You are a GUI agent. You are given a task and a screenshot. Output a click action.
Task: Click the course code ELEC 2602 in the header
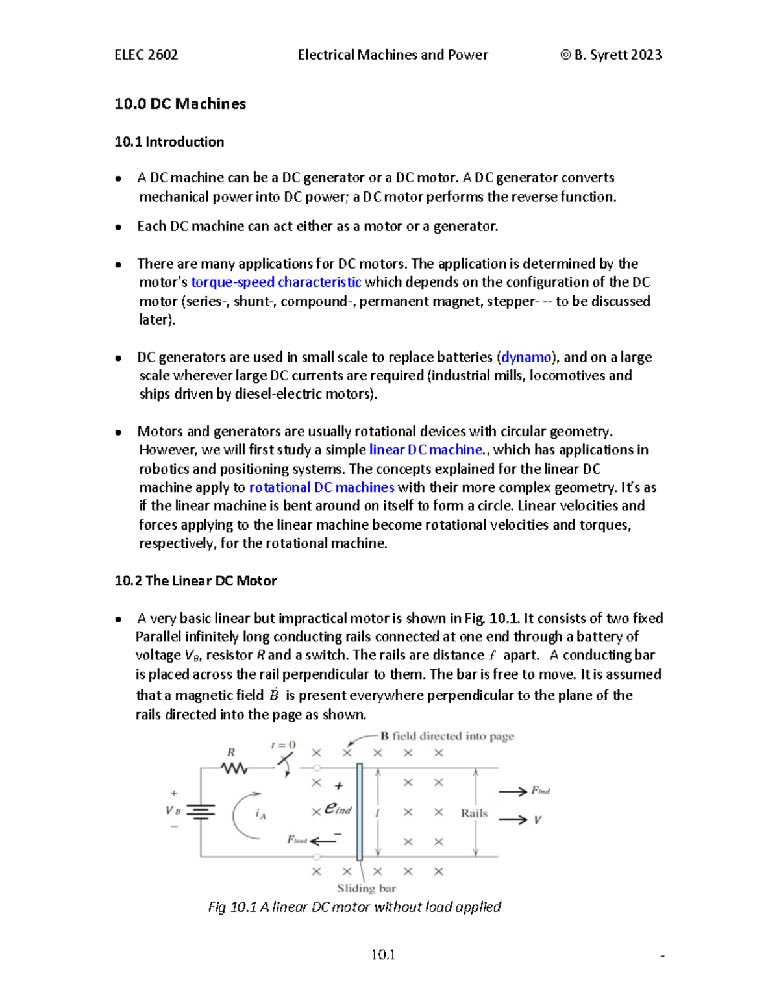[x=146, y=55]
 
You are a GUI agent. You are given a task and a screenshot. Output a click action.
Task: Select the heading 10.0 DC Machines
[x=180, y=104]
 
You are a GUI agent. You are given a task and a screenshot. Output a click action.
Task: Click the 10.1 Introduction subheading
[x=169, y=142]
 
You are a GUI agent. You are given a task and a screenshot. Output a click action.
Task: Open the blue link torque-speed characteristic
[x=276, y=282]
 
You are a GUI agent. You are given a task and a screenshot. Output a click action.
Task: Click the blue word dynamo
[x=526, y=357]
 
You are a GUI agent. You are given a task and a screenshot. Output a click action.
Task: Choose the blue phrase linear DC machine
[x=425, y=450]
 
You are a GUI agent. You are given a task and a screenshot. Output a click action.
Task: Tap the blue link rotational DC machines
[x=321, y=487]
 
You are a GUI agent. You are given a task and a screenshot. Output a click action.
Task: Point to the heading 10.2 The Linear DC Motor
[x=195, y=581]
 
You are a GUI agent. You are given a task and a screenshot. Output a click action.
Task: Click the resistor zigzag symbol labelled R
[x=234, y=768]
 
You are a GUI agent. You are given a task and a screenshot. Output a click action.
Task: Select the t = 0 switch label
[x=283, y=745]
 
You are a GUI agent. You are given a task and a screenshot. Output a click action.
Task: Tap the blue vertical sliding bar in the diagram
[x=360, y=811]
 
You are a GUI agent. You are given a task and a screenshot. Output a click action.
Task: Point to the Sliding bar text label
[x=366, y=888]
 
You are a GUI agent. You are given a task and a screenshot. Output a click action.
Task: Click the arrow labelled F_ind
[x=513, y=791]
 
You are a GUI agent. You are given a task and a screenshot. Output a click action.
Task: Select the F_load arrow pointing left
[x=323, y=841]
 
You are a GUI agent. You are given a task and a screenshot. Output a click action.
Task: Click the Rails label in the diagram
[x=474, y=813]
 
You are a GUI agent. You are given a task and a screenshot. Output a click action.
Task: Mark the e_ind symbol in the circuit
[x=338, y=808]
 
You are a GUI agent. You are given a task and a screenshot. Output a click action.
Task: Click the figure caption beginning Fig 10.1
[x=354, y=907]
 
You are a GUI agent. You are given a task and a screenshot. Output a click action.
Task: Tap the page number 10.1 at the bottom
[x=383, y=955]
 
